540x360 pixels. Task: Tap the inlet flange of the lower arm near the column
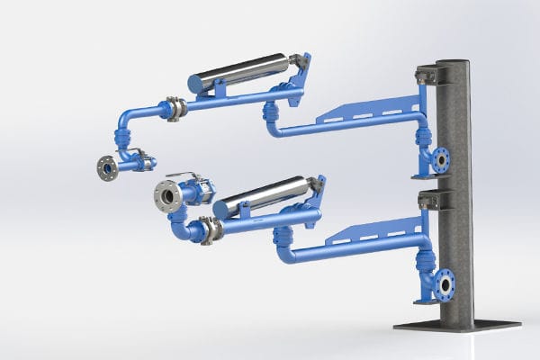click(x=444, y=284)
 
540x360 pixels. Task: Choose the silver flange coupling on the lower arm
click(x=211, y=229)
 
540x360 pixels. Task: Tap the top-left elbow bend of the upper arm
click(x=126, y=118)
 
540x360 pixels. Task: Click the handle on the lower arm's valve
click(x=196, y=177)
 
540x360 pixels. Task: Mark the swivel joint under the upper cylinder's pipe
click(x=269, y=112)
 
